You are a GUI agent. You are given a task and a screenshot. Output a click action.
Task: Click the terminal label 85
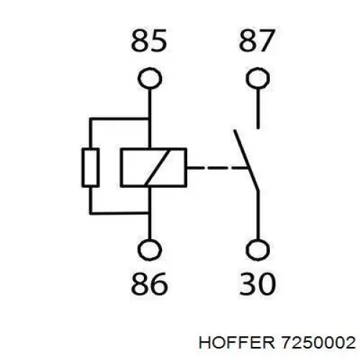point(149,40)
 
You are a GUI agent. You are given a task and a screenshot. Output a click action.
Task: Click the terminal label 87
point(256,40)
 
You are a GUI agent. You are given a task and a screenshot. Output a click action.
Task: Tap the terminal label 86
point(149,284)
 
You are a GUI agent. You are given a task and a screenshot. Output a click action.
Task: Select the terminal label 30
point(258,284)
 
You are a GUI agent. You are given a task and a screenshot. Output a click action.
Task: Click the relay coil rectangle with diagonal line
point(120,167)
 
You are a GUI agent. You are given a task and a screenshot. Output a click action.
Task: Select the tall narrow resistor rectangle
point(83,168)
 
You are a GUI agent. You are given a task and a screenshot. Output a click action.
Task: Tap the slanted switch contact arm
point(246,161)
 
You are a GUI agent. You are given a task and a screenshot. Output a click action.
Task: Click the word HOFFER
point(237,343)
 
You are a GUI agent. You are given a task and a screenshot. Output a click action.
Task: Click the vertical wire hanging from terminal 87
point(258,109)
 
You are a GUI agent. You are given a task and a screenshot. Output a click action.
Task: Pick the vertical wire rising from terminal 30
point(258,215)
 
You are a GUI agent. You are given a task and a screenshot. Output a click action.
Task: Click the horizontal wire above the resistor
point(120,119)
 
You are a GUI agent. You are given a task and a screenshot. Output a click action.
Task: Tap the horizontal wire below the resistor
point(120,213)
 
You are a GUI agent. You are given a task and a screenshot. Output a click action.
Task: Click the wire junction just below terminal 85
point(150,119)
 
